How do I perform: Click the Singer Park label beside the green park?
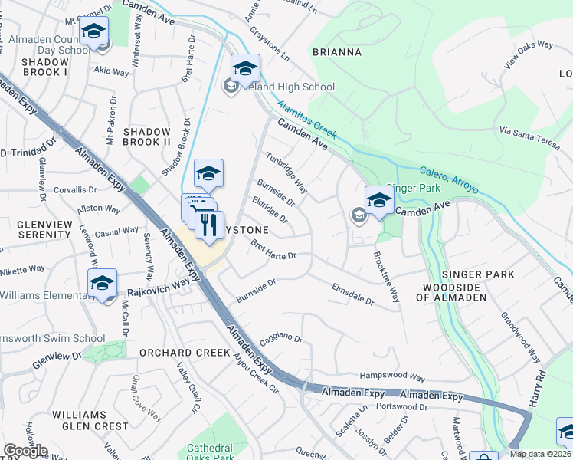[414, 187]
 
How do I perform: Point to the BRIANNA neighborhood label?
[336, 52]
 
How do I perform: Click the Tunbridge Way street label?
[286, 172]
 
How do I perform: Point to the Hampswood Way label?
[392, 377]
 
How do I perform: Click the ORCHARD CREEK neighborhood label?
[185, 353]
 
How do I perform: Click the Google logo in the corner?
[25, 451]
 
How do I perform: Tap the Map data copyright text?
[541, 454]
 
